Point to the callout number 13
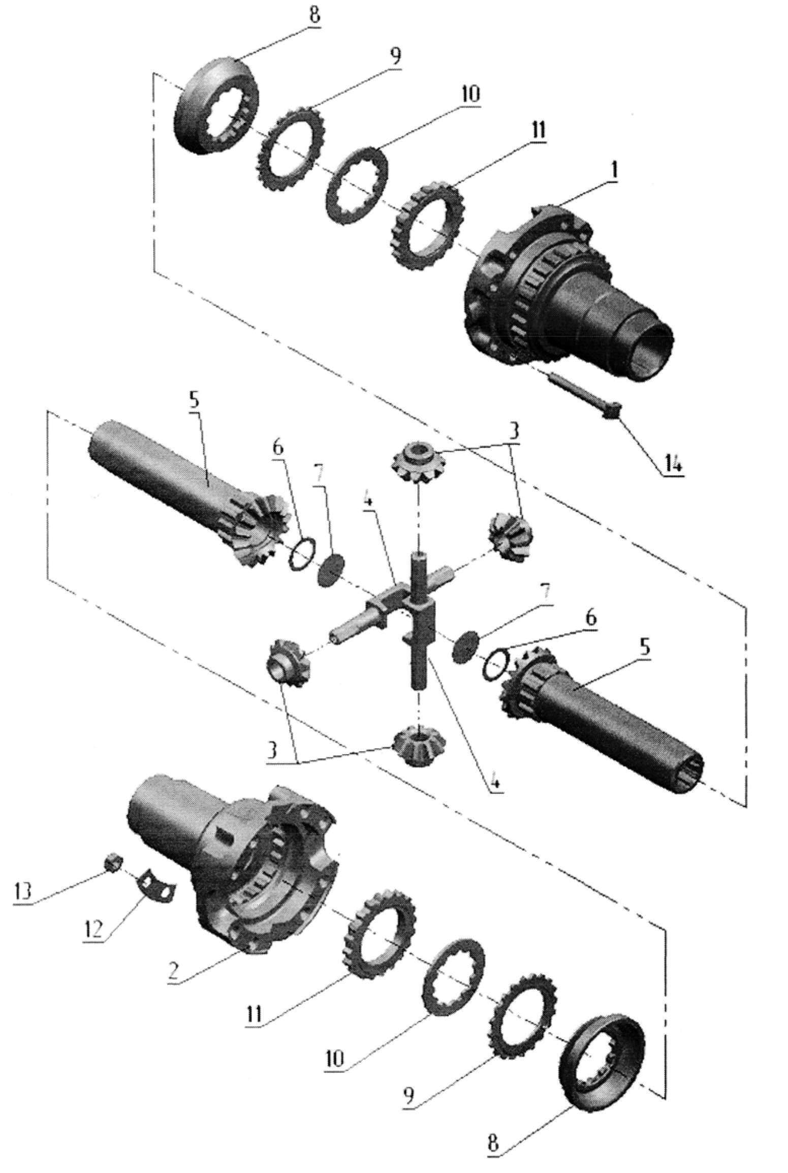click(22, 890)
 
